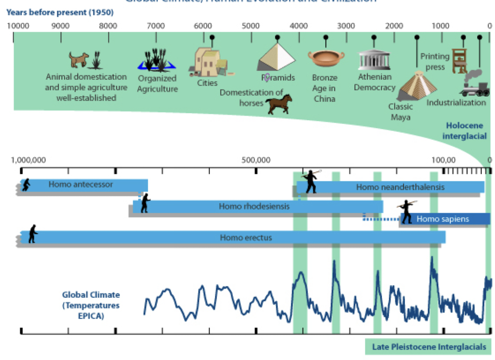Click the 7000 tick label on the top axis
[156, 26]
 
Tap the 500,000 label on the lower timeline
[256, 160]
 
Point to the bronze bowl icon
[326, 58]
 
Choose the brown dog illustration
[79, 59]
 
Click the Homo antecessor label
[80, 184]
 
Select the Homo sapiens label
[442, 219]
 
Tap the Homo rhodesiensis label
[254, 206]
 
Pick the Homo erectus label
[246, 238]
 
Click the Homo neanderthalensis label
[400, 187]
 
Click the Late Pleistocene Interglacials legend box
[429, 347]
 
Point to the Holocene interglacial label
[464, 131]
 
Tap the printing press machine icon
[460, 61]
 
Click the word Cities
[207, 83]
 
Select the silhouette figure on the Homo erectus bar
[33, 234]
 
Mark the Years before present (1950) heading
[60, 12]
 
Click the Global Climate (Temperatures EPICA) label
[91, 305]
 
